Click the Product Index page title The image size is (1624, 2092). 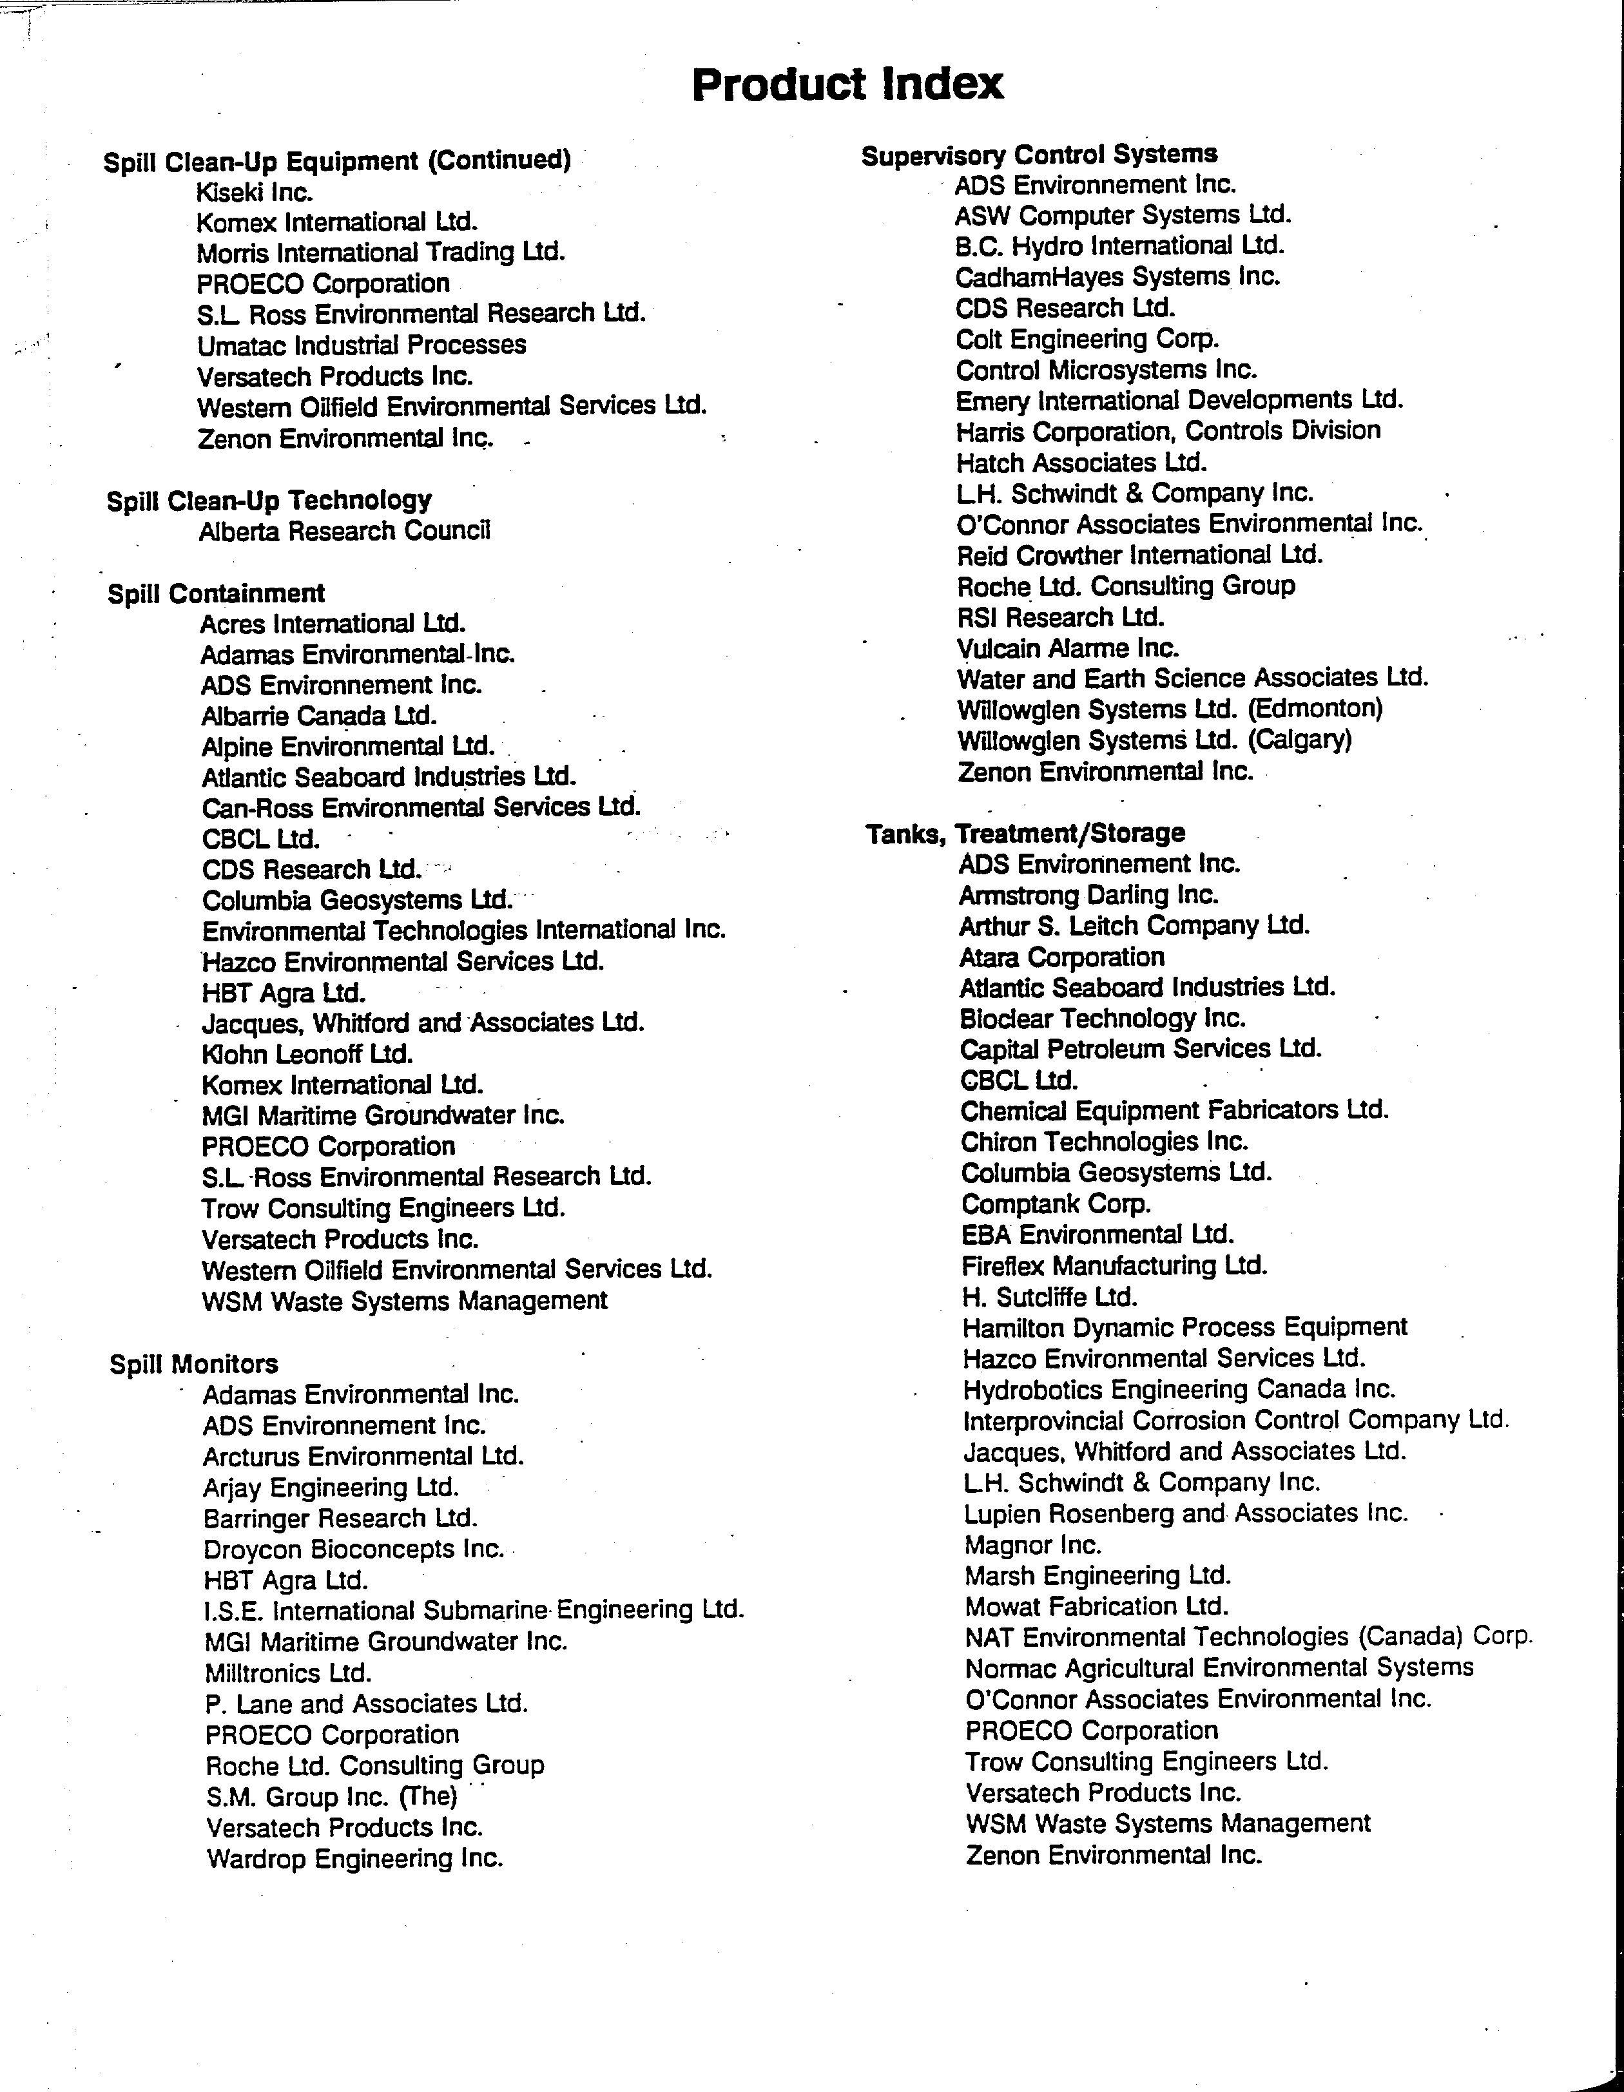(847, 84)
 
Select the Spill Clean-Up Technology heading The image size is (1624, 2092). (269, 500)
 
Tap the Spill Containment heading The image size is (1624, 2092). (217, 594)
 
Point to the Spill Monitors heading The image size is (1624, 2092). (193, 1364)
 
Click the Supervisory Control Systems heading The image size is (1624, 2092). (1039, 154)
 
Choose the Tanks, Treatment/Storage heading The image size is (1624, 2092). (1026, 833)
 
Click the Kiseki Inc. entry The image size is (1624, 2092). (255, 193)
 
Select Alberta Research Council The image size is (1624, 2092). (345, 531)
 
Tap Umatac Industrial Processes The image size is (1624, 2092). (361, 345)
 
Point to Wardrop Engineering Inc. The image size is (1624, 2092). (354, 1859)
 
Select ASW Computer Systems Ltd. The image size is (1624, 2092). (1123, 216)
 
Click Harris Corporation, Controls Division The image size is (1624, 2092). (1168, 431)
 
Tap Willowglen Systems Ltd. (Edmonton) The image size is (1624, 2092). (1170, 710)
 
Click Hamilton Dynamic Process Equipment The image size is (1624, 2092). (1185, 1328)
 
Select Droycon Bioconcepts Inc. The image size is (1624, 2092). (354, 1549)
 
